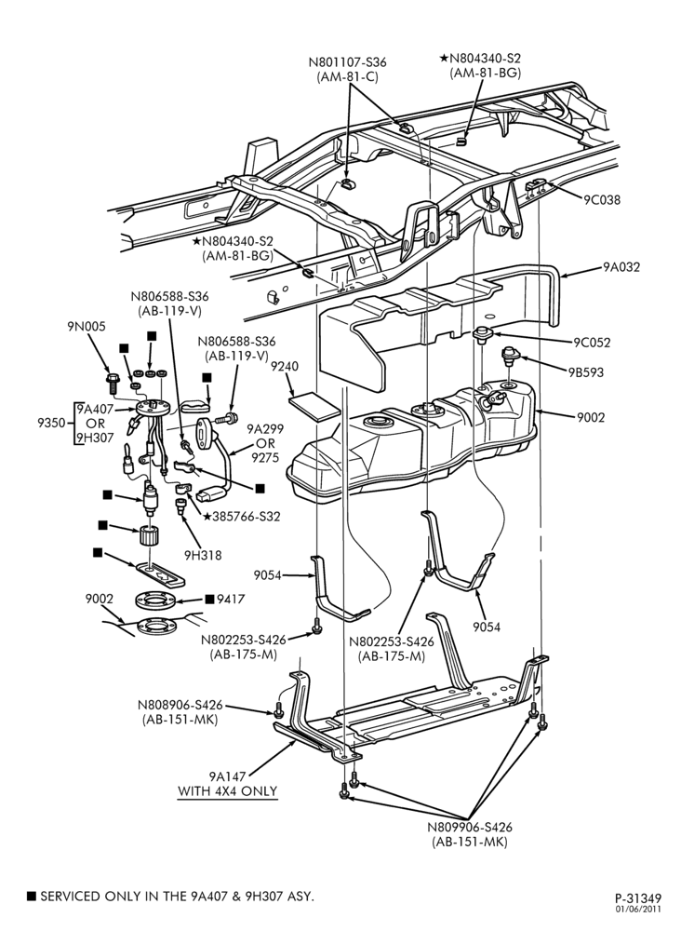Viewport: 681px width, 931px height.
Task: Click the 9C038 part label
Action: click(x=602, y=199)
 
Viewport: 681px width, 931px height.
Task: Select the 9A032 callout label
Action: click(x=621, y=267)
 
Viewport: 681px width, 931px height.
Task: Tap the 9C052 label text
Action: click(x=592, y=343)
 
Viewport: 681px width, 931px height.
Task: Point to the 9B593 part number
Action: click(x=585, y=372)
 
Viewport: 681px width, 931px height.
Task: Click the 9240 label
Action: click(x=285, y=366)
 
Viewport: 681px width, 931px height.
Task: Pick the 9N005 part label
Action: click(x=86, y=326)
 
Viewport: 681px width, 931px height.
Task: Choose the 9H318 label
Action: click(x=203, y=555)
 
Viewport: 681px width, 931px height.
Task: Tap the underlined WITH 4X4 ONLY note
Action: click(x=228, y=791)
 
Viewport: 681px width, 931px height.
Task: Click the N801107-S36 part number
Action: click(x=348, y=61)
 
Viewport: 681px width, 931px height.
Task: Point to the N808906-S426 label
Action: click(x=180, y=706)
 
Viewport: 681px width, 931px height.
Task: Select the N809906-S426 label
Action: click(x=470, y=827)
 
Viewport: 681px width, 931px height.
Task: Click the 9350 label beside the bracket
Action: click(x=51, y=423)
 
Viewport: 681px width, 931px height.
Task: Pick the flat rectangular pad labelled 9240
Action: click(x=314, y=406)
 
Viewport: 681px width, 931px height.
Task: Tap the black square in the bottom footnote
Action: click(x=32, y=897)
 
